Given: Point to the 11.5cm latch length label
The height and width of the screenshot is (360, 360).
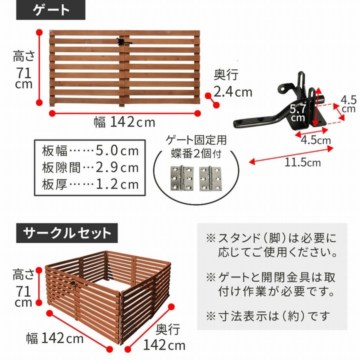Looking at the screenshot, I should [x=303, y=162].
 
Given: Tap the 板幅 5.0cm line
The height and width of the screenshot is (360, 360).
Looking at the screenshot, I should [x=89, y=150].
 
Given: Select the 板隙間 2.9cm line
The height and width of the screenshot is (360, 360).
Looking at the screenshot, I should [x=89, y=167].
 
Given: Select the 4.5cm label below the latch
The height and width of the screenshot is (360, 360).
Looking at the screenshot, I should [x=315, y=140].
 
